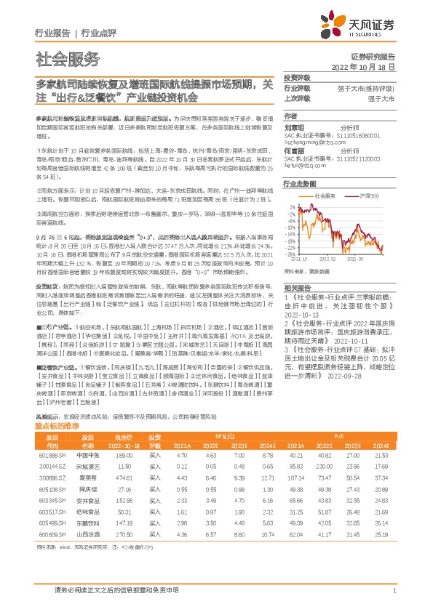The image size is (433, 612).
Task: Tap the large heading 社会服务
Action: click(x=68, y=59)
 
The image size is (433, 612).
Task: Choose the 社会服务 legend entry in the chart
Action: click(x=325, y=196)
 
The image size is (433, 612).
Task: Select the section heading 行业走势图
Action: click(x=298, y=185)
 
